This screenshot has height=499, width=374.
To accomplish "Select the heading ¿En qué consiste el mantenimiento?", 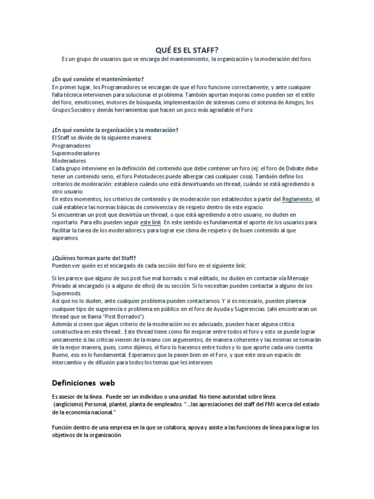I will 97,79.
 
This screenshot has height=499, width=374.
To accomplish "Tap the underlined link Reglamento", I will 298,199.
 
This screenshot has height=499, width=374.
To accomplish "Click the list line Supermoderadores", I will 76,153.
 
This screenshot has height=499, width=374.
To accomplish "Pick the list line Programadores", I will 71,145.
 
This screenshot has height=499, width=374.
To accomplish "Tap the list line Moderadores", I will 69,161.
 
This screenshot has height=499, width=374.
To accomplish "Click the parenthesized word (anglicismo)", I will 72,405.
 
